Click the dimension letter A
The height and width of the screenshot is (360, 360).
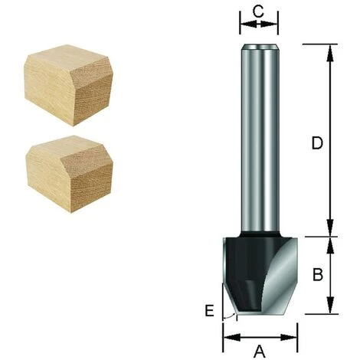[x=260, y=351]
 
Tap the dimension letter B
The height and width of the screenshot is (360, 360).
[x=318, y=274]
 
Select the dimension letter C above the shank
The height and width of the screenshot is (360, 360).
[x=258, y=11]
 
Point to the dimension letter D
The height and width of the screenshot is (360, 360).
[x=317, y=143]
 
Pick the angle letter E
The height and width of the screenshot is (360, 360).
[x=210, y=311]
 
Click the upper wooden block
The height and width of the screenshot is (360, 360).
[x=68, y=85]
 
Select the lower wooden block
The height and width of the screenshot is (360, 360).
[x=69, y=174]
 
